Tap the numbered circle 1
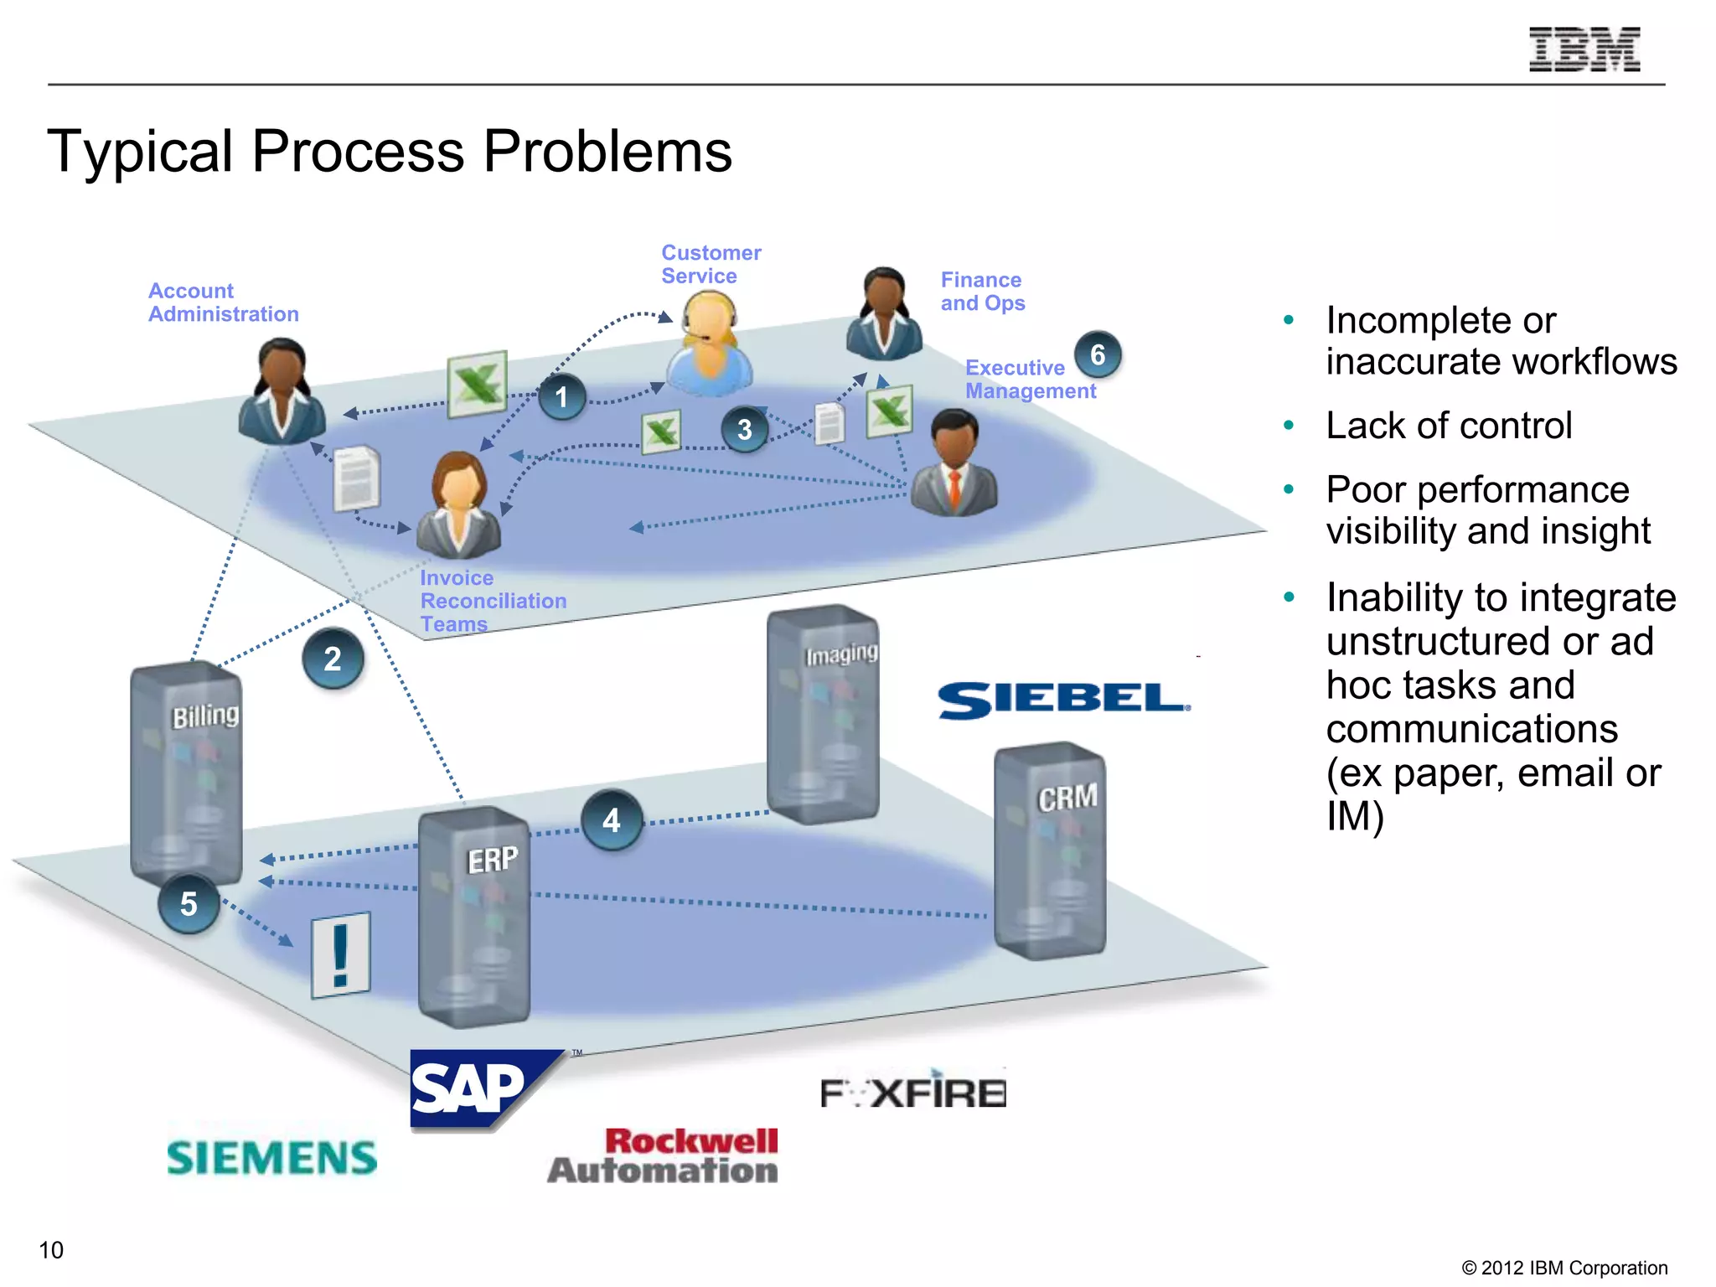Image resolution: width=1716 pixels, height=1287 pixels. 561,397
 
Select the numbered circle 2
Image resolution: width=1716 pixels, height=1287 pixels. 333,659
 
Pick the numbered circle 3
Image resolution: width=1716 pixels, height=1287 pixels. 744,430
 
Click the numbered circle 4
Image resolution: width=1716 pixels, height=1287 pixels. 612,820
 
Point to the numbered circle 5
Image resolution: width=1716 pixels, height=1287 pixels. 189,903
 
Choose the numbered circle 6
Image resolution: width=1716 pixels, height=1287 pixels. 1097,355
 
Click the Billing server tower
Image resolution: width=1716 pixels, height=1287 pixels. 186,771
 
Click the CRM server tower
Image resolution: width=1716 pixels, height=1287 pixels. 1050,850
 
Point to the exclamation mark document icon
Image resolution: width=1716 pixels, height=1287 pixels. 340,955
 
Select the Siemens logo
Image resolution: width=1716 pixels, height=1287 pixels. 272,1158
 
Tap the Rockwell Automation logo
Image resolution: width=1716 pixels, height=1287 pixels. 664,1155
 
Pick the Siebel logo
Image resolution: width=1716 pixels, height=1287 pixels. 1062,700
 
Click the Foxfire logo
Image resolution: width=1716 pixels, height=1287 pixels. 913,1092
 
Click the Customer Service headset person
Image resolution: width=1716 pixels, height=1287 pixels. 710,347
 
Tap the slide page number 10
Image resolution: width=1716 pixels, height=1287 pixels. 51,1250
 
